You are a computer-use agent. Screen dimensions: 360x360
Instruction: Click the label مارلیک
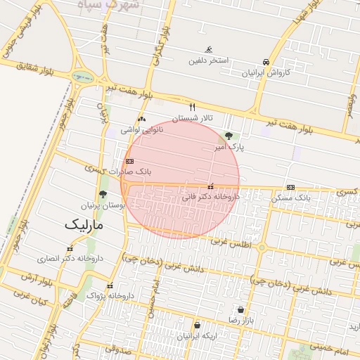[x=84, y=225]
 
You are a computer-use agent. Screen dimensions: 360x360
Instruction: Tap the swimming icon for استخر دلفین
[x=209, y=50]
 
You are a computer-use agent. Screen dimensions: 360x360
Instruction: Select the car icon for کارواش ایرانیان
[x=266, y=62]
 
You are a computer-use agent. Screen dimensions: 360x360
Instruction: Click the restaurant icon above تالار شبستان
[x=192, y=107]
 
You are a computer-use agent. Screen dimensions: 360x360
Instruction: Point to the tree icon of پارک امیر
[x=229, y=136]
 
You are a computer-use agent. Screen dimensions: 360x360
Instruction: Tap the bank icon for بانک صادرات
[x=129, y=161]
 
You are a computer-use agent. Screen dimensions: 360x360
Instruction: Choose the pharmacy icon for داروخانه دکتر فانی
[x=211, y=186]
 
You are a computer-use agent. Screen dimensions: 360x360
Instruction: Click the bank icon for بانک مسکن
[x=291, y=187]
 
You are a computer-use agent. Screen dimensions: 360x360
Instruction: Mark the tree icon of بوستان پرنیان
[x=103, y=195]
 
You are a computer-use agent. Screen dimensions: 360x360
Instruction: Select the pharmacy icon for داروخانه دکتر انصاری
[x=70, y=248]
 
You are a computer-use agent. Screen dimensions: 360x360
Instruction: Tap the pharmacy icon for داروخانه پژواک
[x=110, y=285]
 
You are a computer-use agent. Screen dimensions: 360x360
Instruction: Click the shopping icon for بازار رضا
[x=241, y=309]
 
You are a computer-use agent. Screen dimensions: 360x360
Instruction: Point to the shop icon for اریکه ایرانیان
[x=197, y=326]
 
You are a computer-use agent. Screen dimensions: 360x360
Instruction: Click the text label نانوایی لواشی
[x=142, y=129]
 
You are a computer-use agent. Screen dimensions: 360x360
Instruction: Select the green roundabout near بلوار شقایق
[x=82, y=77]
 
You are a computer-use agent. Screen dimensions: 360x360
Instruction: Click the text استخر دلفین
[x=209, y=60]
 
